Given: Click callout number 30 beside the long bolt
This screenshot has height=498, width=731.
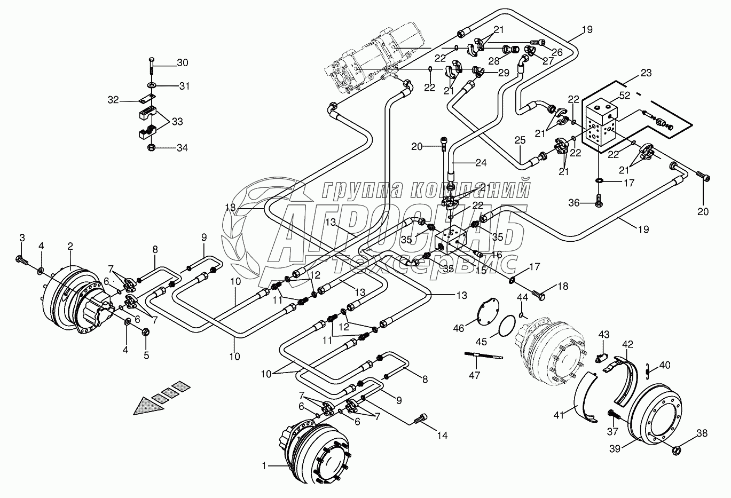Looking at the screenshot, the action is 183,62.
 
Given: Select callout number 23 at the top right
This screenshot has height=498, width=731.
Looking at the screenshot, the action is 646,73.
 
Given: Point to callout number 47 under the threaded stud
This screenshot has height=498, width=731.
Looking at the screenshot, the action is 474,375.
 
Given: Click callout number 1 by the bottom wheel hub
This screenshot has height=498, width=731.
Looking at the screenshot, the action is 264,467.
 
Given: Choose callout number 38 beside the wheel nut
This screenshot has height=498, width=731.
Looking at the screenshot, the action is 702,433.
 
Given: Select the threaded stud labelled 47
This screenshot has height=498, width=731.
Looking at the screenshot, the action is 484,355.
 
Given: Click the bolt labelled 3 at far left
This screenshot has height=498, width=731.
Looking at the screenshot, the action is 21,260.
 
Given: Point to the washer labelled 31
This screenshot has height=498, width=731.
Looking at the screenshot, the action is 152,85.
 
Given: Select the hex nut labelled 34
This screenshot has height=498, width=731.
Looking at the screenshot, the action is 152,148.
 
